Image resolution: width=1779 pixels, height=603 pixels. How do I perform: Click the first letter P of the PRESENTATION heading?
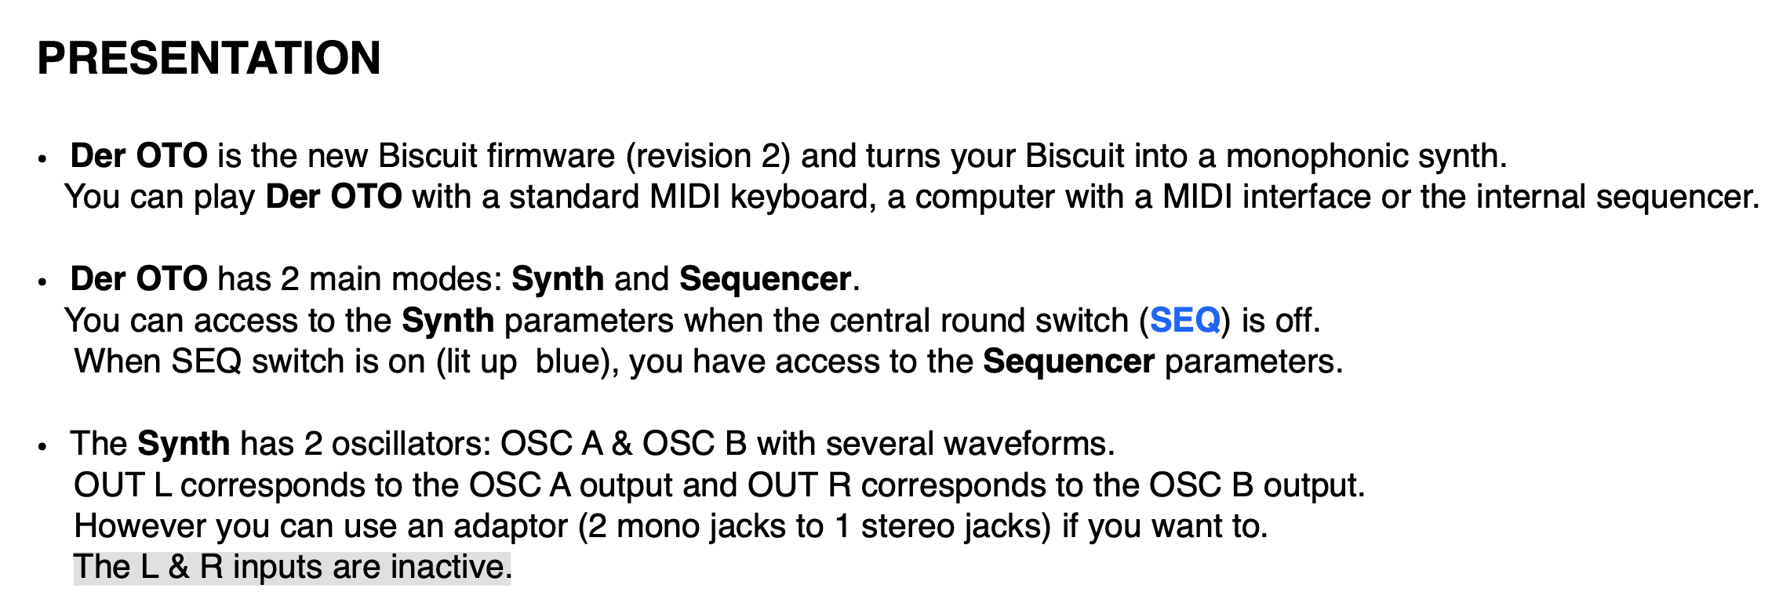[52, 58]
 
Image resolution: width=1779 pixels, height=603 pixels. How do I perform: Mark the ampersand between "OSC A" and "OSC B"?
[622, 444]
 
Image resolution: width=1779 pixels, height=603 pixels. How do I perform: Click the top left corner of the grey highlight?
[74, 551]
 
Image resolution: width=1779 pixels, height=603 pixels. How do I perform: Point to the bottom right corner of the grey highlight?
[511, 584]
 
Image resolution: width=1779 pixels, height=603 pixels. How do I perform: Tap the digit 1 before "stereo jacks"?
[842, 526]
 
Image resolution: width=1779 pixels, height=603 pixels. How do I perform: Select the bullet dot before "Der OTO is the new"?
[42, 159]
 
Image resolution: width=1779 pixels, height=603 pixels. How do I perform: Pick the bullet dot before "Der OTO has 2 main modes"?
[42, 282]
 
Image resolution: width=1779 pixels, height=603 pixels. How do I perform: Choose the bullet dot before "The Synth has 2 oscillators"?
[42, 447]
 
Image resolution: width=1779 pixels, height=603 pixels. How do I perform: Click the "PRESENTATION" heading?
[209, 58]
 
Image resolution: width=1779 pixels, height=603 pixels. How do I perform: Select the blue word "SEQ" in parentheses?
[1185, 321]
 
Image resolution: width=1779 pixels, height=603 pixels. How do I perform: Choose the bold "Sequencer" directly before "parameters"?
[1068, 362]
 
